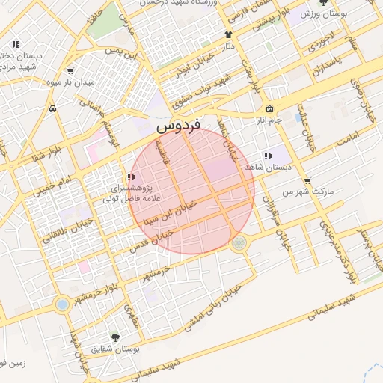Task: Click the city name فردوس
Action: tap(179, 129)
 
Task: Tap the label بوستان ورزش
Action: tap(325, 14)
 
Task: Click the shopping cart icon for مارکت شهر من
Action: tap(307, 181)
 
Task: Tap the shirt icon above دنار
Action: tap(229, 34)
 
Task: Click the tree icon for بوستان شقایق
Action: tap(114, 338)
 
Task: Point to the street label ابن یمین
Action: tap(123, 53)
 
